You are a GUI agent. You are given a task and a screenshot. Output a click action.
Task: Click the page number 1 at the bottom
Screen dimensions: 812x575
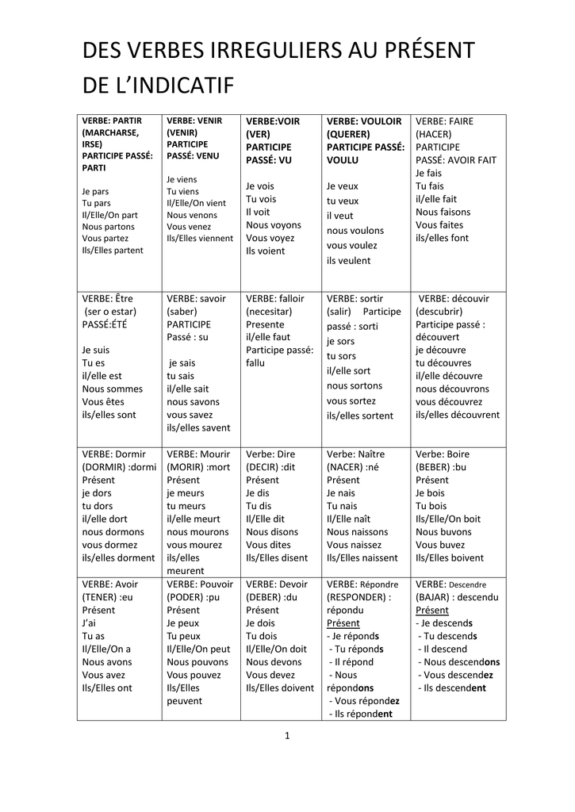tap(287, 735)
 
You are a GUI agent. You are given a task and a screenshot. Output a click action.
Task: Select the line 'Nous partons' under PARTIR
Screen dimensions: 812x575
tap(108, 226)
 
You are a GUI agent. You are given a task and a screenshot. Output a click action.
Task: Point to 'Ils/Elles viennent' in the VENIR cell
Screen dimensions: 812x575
tap(200, 238)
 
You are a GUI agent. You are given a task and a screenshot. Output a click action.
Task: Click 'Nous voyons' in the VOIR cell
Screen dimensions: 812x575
tap(274, 224)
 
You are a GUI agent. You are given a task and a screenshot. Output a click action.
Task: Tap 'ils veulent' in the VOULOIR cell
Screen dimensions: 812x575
tap(348, 260)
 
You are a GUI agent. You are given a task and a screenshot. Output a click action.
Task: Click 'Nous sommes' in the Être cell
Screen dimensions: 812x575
tap(113, 389)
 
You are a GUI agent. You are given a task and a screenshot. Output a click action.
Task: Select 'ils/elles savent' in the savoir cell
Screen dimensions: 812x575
tap(198, 427)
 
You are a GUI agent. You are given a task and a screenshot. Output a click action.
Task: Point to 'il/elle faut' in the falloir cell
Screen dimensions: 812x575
tap(268, 337)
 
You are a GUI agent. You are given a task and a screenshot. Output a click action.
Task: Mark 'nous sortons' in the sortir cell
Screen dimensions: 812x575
tap(355, 385)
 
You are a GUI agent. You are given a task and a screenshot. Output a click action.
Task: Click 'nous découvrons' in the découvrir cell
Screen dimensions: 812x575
tap(453, 389)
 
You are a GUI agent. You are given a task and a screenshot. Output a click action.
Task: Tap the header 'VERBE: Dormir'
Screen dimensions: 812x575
tap(114, 454)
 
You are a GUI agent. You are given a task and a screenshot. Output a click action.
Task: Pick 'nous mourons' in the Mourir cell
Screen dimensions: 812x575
tap(198, 532)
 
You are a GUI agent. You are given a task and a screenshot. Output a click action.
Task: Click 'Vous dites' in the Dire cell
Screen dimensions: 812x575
tap(268, 545)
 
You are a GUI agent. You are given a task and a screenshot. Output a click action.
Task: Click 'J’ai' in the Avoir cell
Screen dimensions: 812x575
tap(90, 623)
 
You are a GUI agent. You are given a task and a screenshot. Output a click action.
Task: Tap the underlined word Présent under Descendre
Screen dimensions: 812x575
tap(432, 611)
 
